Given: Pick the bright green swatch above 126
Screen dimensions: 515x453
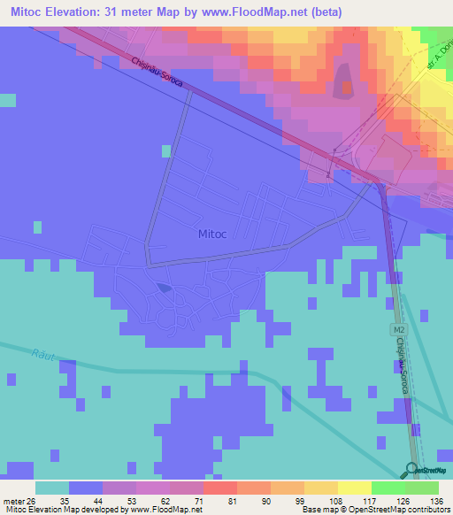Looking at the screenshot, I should [x=388, y=488].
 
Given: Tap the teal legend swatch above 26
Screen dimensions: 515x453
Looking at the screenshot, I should [x=52, y=488].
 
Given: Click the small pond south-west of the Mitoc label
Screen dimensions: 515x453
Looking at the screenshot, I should [x=164, y=287].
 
